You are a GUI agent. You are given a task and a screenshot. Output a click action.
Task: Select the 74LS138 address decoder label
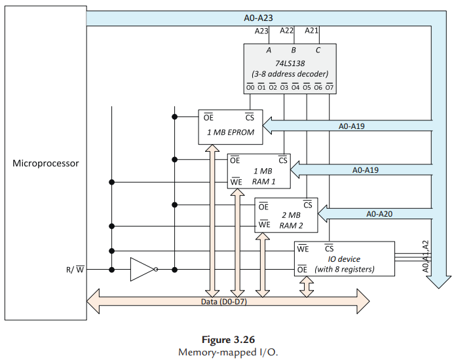290,63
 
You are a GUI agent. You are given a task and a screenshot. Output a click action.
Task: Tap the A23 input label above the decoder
261,31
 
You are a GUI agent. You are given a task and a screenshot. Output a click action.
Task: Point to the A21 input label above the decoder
312,31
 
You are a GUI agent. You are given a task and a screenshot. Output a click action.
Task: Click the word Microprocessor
46,163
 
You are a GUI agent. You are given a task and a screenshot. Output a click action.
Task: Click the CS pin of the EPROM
250,118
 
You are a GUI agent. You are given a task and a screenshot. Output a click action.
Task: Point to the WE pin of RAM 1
236,181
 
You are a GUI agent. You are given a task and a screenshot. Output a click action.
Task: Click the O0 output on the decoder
250,87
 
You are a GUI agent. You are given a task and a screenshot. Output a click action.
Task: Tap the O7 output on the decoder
329,87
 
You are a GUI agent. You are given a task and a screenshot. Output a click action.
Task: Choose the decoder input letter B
293,50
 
